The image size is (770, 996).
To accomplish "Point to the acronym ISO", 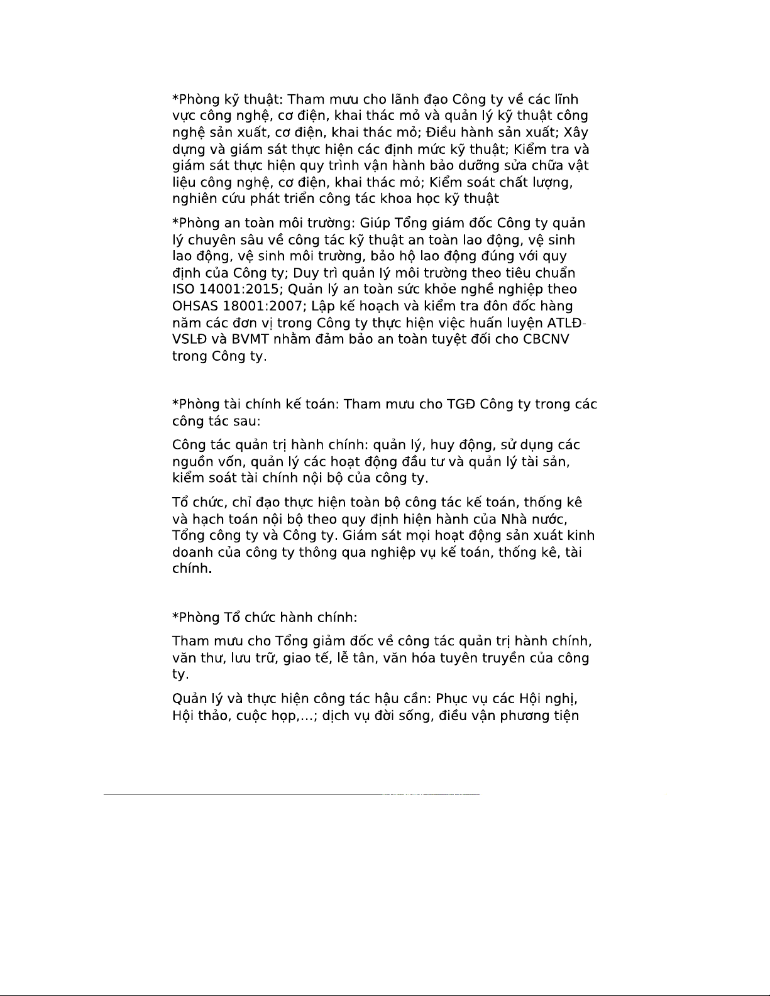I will click(183, 289).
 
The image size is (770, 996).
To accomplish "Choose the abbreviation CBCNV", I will click(546, 339).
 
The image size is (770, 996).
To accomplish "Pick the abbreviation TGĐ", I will click(461, 404).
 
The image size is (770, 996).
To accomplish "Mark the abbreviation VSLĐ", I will click(189, 339).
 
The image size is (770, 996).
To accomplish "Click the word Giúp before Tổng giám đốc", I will click(375, 223).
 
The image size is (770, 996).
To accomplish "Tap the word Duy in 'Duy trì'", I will click(305, 273).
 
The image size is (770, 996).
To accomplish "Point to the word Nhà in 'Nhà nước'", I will click(514, 519).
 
